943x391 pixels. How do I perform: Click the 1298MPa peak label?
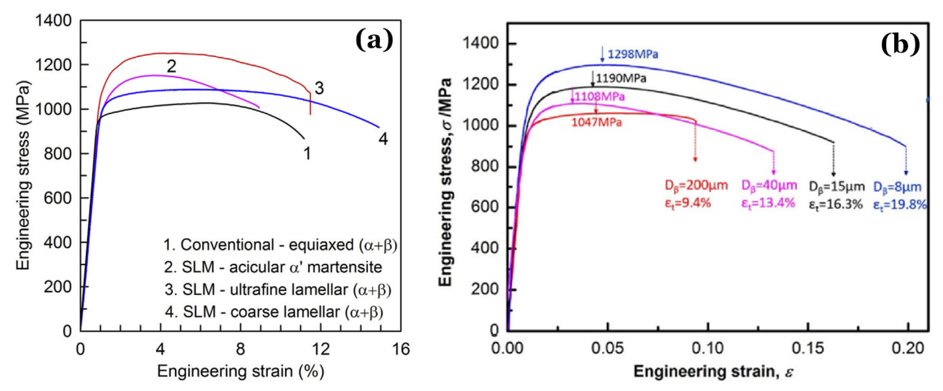(x=633, y=54)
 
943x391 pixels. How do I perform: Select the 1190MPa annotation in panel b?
(x=621, y=78)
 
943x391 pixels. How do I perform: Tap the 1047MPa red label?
(x=596, y=122)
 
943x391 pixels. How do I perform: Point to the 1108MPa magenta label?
(x=599, y=97)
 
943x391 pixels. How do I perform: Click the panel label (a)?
(x=374, y=40)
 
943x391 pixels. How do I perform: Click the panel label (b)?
(x=900, y=45)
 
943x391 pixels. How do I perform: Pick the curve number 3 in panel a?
(x=319, y=88)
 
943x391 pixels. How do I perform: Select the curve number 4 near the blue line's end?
(x=383, y=139)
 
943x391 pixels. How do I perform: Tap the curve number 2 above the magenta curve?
(x=171, y=66)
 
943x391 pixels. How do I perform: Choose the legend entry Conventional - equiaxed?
(x=280, y=245)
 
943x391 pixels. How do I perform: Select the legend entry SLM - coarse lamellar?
(x=274, y=312)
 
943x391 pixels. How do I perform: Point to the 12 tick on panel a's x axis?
(x=321, y=350)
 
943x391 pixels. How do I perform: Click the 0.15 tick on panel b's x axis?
(x=808, y=348)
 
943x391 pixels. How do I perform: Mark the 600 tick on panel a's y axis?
(x=57, y=198)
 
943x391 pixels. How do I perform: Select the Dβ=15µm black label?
(x=837, y=187)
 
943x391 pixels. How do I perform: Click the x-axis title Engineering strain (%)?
(x=241, y=372)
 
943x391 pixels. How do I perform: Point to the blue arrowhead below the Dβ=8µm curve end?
(x=906, y=173)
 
